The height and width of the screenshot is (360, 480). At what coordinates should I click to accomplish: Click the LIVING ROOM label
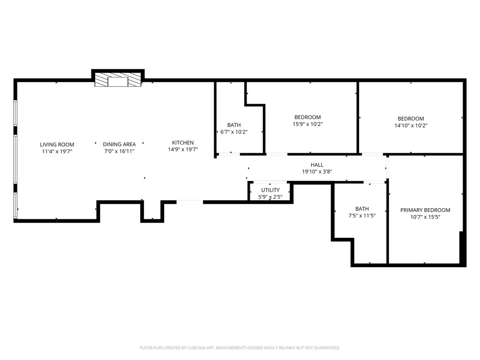[x=57, y=144]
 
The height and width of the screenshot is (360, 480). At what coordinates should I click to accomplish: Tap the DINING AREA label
[x=119, y=144]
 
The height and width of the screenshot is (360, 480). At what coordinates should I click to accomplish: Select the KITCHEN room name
[x=183, y=142]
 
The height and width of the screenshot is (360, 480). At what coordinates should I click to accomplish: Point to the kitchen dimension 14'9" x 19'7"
[x=183, y=150]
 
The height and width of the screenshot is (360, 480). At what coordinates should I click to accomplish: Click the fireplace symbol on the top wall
[x=118, y=80]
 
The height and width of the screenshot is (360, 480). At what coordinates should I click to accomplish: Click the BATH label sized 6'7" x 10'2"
[x=234, y=125]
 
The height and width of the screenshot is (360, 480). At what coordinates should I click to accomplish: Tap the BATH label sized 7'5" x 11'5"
[x=362, y=209]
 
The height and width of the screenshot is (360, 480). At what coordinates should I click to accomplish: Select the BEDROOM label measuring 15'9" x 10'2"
[x=307, y=117]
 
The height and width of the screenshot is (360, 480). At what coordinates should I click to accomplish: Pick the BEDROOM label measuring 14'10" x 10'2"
[x=411, y=119]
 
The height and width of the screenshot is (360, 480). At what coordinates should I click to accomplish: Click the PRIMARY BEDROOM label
[x=425, y=210]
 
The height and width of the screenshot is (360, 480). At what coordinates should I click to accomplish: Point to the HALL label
[x=317, y=165]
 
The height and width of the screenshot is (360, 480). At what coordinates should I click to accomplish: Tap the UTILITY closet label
[x=270, y=190]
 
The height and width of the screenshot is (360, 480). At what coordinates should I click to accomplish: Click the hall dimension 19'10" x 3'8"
[x=317, y=172]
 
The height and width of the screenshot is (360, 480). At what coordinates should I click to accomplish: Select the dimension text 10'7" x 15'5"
[x=425, y=217]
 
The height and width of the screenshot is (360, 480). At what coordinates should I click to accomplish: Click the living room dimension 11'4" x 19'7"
[x=57, y=151]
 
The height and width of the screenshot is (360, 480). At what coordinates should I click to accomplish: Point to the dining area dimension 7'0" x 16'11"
[x=119, y=151]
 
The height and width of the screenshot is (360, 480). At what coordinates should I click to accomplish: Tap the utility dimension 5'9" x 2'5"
[x=270, y=197]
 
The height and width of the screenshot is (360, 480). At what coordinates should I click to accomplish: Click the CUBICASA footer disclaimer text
[x=240, y=348]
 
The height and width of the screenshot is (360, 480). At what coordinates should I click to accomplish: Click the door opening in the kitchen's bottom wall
[x=190, y=202]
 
